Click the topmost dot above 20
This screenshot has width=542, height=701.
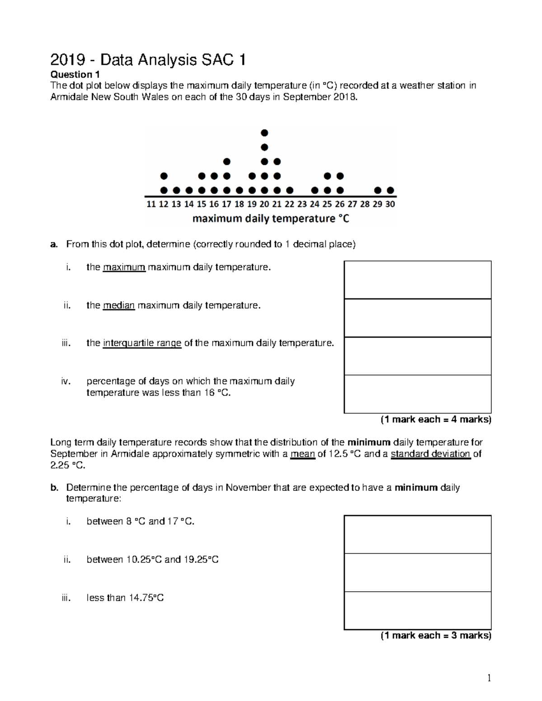tap(264, 133)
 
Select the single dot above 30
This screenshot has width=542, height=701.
tap(390, 190)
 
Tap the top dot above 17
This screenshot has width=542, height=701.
tap(227, 162)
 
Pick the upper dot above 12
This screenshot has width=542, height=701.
tap(164, 176)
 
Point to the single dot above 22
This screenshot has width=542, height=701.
tap(290, 190)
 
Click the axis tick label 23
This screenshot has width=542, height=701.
tap(302, 204)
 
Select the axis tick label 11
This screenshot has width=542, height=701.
tap(151, 204)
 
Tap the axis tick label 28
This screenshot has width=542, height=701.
tap(365, 204)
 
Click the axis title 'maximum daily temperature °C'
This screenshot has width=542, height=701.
tap(271, 219)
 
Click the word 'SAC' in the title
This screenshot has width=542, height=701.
tap(219, 60)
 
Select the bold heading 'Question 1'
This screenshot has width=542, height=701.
tap(75, 74)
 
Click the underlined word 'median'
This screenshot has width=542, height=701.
tap(119, 306)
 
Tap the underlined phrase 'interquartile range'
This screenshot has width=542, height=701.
tap(142, 343)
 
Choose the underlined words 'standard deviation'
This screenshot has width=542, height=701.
tap(430, 454)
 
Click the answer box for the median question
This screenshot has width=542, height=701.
tap(417, 318)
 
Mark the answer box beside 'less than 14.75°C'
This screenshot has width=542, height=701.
tap(417, 610)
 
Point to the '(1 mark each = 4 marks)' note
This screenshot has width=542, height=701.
tap(435, 420)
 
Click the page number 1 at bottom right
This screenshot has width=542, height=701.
tap(489, 678)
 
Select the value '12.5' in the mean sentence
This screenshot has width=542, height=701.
tap(337, 454)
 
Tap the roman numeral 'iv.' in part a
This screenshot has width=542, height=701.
tap(66, 381)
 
